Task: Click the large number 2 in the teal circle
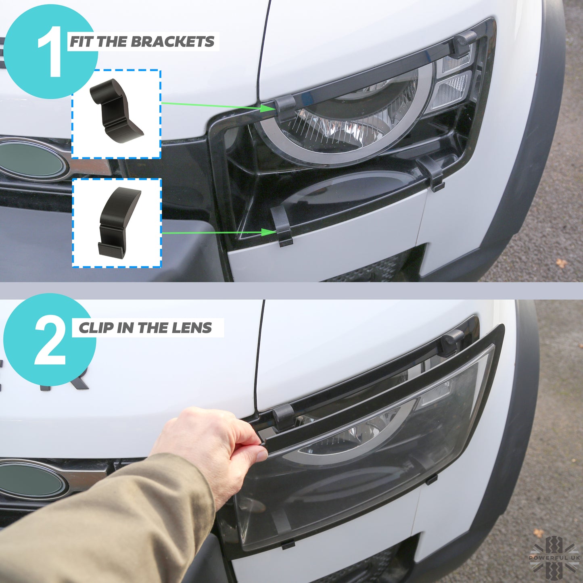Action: (50, 341)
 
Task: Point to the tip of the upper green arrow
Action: (271, 108)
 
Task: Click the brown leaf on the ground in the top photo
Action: (561, 263)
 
